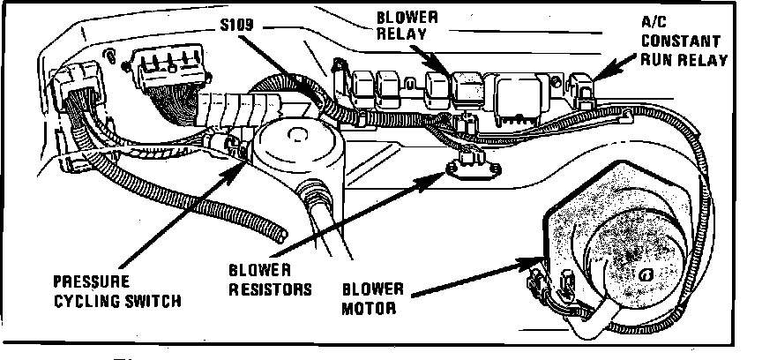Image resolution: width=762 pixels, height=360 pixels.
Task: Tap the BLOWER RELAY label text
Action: tap(406, 27)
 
